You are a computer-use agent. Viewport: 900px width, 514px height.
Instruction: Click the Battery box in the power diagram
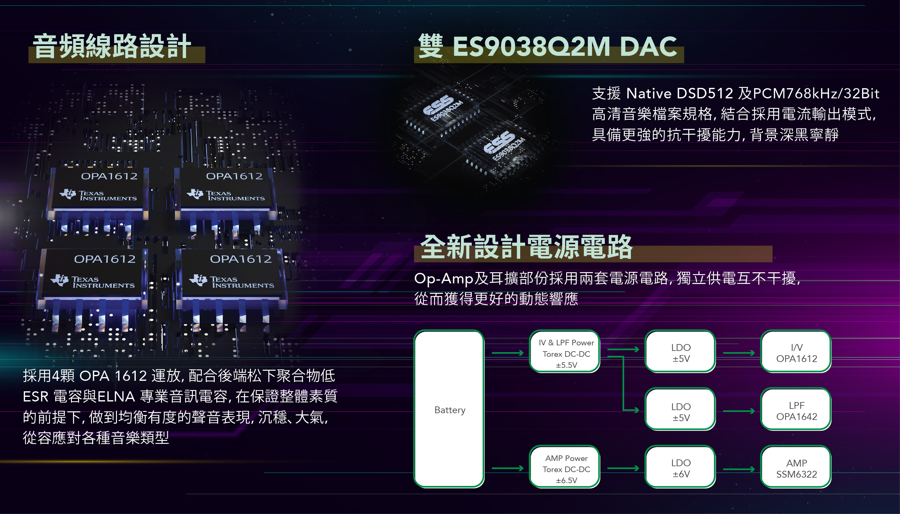[449, 409]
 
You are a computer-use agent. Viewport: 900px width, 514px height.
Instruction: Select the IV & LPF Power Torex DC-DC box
[566, 353]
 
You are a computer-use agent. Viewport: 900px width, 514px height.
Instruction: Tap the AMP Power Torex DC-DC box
[566, 468]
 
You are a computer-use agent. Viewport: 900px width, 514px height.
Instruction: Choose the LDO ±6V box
[680, 467]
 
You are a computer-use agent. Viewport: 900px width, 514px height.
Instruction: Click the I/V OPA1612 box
[796, 353]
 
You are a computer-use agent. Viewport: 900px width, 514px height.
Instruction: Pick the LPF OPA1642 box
[796, 410]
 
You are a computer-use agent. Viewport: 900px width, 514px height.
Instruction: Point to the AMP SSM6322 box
[796, 467]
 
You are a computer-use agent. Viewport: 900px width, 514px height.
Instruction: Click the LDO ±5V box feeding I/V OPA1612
[680, 353]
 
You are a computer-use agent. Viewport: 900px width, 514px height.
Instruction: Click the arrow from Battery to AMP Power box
[508, 468]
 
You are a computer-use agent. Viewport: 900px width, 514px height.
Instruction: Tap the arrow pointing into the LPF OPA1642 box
[739, 411]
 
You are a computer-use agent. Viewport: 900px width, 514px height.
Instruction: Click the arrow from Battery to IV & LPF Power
[508, 353]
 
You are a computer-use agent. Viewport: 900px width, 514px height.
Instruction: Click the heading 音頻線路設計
[112, 46]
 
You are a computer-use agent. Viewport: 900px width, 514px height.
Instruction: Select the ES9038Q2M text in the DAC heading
[531, 47]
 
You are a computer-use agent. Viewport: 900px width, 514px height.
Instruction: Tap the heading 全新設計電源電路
[526, 247]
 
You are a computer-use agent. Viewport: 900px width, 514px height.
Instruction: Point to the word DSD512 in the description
[704, 93]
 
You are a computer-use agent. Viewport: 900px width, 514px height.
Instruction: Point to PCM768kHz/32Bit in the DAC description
[816, 93]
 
